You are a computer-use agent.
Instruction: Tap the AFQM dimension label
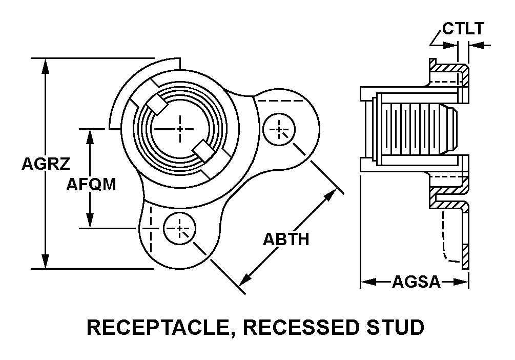point(91,184)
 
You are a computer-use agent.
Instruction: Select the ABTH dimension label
point(286,238)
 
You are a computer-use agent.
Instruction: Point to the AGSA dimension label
point(416,282)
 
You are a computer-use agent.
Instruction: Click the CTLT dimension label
point(463,29)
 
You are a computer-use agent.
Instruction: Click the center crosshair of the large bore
point(180,129)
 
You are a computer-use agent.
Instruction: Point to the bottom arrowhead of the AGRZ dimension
point(46,262)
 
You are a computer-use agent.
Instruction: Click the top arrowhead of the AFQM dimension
point(91,135)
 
